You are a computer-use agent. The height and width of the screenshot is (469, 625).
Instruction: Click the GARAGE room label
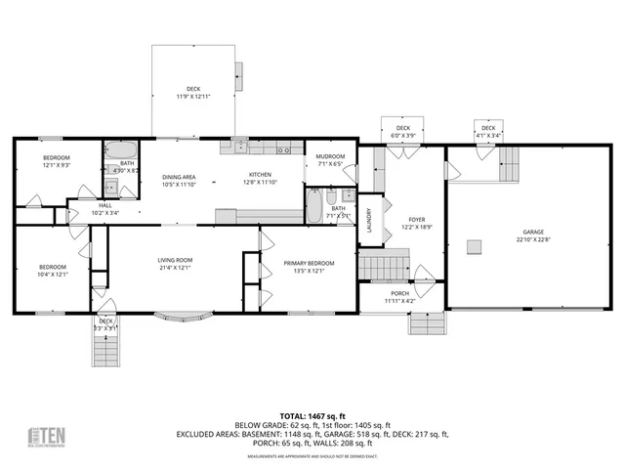(532, 233)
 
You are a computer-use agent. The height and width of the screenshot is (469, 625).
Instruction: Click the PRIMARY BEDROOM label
(308, 263)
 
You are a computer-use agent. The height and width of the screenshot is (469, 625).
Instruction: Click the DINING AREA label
(179, 174)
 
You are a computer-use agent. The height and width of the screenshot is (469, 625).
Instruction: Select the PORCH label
(399, 294)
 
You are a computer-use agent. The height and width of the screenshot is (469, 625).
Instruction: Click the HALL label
(104, 206)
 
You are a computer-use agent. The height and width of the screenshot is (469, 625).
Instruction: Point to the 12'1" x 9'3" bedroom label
(56, 158)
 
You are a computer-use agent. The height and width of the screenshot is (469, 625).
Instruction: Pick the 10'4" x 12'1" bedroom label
(52, 268)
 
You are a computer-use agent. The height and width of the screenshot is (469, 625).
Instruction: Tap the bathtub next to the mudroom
(315, 206)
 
